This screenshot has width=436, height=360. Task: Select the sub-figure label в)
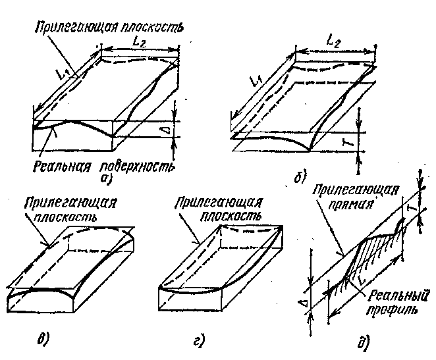pos(41,340)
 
